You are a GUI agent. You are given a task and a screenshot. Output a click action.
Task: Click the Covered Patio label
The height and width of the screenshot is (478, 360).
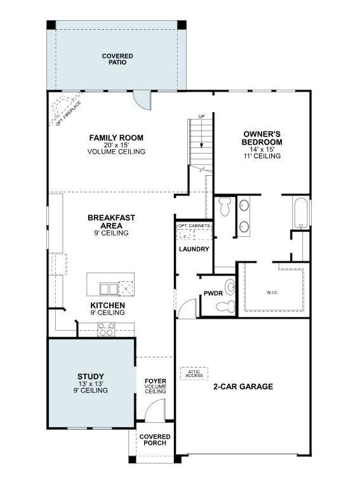117,59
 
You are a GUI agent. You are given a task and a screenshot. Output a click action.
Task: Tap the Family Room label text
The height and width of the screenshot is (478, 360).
116,138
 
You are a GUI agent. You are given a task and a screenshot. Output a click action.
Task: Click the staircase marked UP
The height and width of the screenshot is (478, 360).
200,143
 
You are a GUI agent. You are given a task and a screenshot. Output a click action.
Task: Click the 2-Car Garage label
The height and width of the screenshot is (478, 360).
243,386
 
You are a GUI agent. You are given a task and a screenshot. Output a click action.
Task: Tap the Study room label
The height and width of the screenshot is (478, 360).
91,376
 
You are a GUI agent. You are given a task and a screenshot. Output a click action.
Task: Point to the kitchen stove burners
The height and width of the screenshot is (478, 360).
105,329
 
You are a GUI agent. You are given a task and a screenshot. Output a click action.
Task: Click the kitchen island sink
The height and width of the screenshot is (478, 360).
109,289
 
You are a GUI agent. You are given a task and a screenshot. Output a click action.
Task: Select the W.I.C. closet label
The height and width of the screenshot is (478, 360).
272,293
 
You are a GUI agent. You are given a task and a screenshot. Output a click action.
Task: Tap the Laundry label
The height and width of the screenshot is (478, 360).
194,249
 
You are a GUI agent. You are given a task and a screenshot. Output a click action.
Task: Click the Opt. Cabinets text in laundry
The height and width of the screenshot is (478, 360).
194,226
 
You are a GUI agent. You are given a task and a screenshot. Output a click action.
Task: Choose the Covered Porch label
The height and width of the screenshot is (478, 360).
155,439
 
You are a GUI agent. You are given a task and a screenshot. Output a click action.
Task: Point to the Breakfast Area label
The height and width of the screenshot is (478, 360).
111,222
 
